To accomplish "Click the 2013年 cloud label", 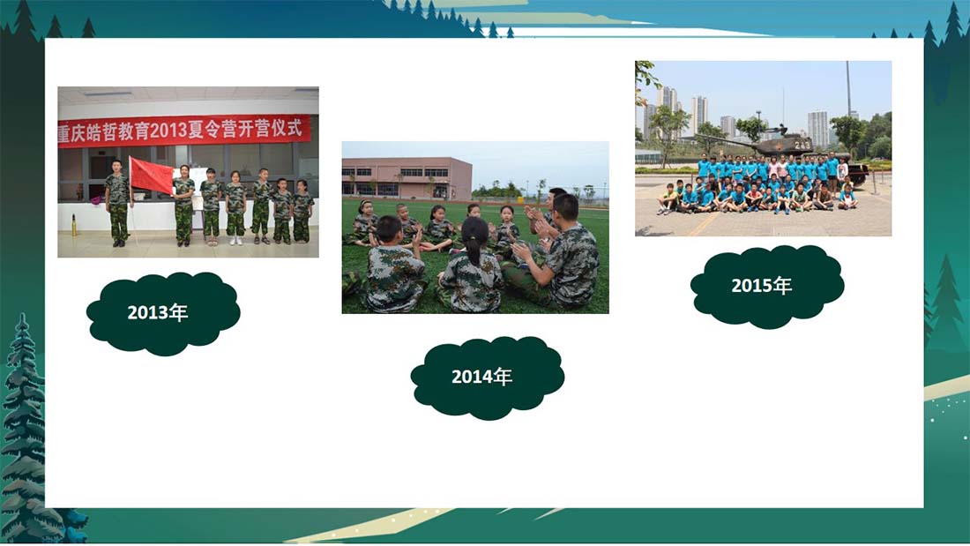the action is click(163, 313).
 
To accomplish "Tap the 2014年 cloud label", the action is click(487, 378).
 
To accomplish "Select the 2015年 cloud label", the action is click(767, 286).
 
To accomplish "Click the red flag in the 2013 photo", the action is click(151, 176).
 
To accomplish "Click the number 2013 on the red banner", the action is click(168, 131).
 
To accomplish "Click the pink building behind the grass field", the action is click(407, 178).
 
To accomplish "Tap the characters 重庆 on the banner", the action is click(71, 134).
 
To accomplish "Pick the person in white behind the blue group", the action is click(842, 171).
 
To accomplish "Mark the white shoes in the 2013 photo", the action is click(235, 240).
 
